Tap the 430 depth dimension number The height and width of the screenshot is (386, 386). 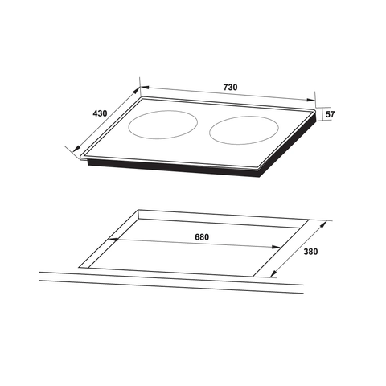point(100,113)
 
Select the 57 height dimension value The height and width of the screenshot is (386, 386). point(329,115)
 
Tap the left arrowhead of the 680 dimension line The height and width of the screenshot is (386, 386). point(113,240)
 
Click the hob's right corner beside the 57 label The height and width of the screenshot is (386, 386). point(314,118)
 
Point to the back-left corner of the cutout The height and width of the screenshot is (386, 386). point(138,211)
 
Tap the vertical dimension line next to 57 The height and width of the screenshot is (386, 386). point(318,114)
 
